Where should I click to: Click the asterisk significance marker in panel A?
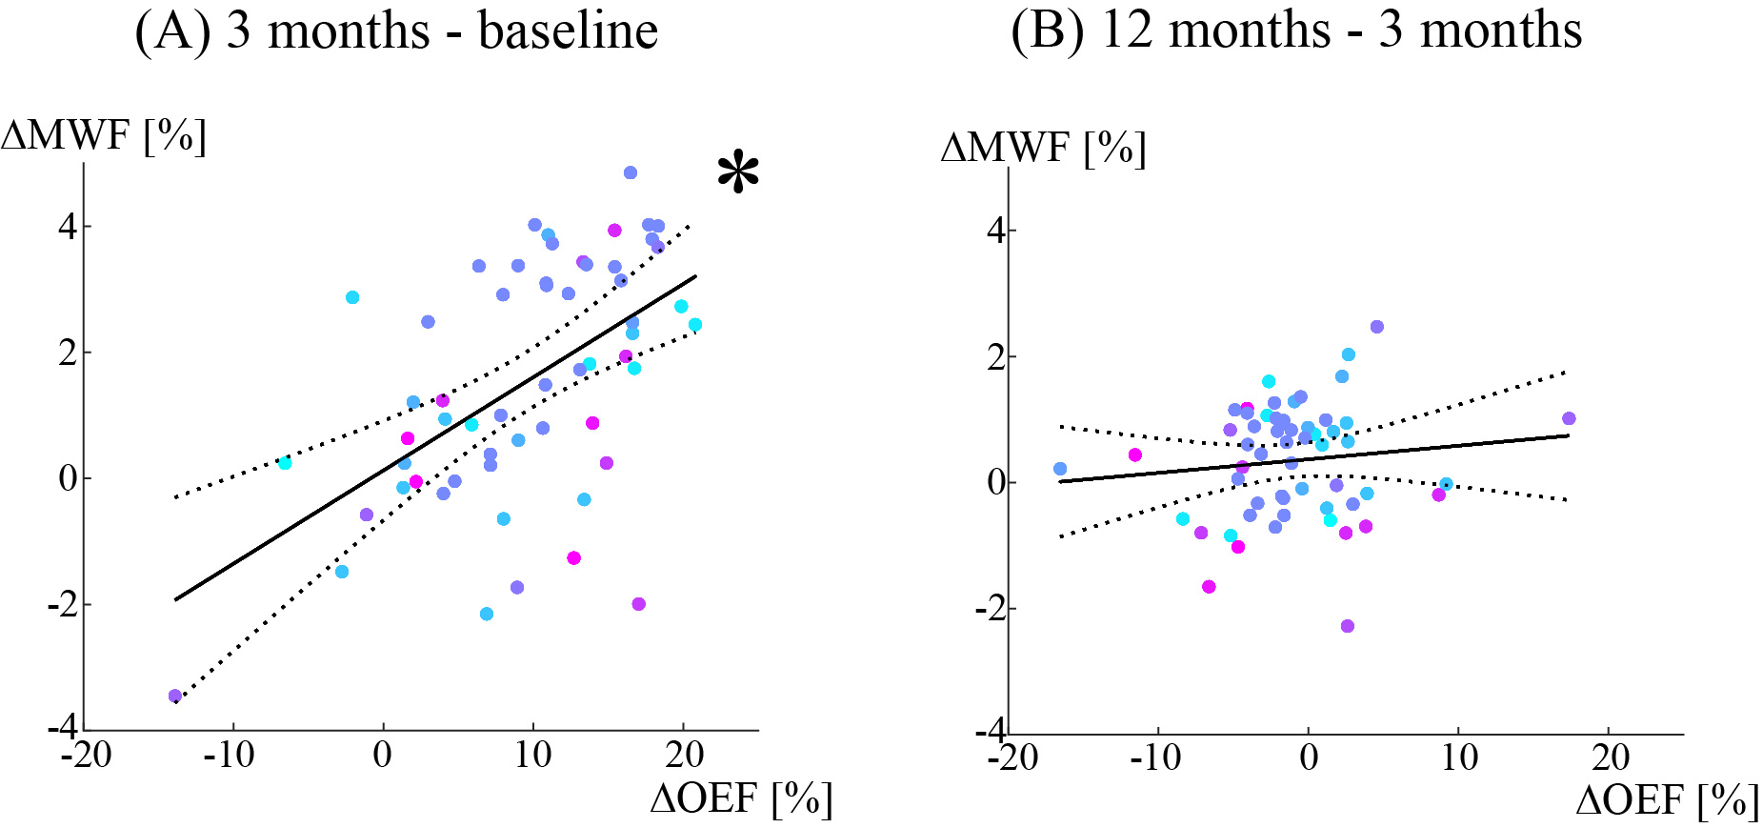(738, 175)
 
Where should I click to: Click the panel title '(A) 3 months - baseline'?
(396, 30)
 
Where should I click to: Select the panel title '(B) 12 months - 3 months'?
(1295, 30)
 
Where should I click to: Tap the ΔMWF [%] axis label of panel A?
(104, 136)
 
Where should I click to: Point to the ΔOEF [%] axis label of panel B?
(1667, 800)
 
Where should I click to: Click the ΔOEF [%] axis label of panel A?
(741, 798)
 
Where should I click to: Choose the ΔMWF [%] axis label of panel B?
(1043, 149)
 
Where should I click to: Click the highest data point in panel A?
(631, 172)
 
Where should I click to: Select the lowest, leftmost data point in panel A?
(175, 696)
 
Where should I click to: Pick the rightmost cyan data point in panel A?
(695, 325)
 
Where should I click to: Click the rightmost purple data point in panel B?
(1569, 418)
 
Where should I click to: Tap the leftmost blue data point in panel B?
(1060, 469)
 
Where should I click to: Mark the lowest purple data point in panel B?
(1347, 626)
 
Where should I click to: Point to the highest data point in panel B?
(1376, 327)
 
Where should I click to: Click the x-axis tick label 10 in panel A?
(533, 756)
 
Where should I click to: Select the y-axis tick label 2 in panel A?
(68, 353)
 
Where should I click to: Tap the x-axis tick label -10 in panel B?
(1156, 758)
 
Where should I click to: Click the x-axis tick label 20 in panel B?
(1610, 758)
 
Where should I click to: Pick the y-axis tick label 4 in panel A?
(68, 227)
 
